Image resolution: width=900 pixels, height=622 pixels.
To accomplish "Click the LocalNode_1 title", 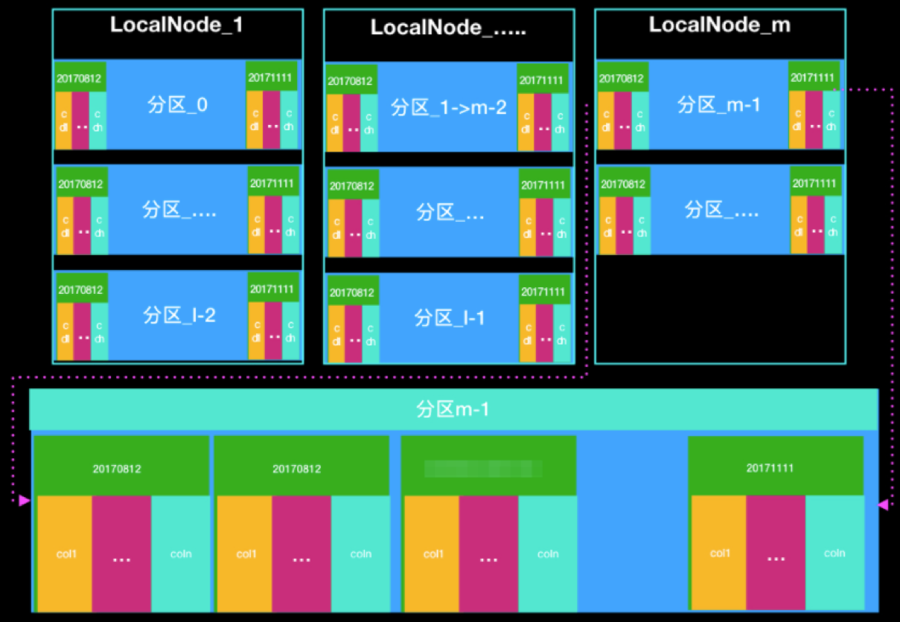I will tap(176, 25).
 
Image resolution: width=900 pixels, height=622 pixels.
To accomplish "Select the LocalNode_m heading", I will tap(719, 25).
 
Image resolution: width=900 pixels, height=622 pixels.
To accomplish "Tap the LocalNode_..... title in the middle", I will tap(448, 28).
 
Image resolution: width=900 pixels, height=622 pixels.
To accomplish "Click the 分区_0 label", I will tap(177, 105).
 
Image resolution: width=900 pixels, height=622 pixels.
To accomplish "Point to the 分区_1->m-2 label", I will tap(448, 108).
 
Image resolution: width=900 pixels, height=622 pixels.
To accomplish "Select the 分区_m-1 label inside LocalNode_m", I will tap(718, 105).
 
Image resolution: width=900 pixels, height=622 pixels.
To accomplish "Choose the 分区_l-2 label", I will tap(179, 315).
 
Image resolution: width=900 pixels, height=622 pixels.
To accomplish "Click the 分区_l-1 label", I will tap(449, 318).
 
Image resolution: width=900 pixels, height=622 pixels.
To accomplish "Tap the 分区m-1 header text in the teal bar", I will tap(453, 409).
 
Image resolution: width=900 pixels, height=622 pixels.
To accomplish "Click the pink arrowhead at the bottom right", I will tap(883, 504).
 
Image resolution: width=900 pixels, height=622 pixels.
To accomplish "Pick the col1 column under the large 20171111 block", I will tap(718, 553).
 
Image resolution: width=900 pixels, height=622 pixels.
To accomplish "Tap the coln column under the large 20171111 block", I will tap(834, 553).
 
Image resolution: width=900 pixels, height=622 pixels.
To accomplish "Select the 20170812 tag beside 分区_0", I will tap(80, 77).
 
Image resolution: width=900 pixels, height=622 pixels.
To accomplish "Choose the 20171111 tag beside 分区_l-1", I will tap(543, 292).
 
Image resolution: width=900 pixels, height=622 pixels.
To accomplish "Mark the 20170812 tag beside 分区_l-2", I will tap(81, 289).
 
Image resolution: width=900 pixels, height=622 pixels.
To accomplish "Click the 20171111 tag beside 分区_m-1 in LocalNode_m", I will tap(814, 77).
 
